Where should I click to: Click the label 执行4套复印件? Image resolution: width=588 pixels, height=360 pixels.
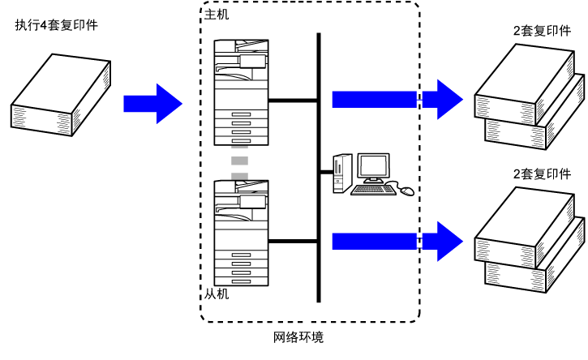pos(56,25)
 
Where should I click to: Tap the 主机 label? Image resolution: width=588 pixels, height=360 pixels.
pos(217,15)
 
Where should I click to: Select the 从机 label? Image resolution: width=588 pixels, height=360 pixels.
pos(217,294)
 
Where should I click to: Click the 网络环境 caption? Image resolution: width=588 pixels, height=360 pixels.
pos(298,337)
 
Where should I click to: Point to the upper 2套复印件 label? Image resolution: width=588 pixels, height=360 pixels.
pos(542,31)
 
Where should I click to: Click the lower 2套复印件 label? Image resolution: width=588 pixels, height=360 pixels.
pos(542,174)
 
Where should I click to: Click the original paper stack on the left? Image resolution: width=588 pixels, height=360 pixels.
pos(61,95)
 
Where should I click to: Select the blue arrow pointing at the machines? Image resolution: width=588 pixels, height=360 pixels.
pos(153,104)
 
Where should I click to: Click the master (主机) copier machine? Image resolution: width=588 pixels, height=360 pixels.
pos(241,92)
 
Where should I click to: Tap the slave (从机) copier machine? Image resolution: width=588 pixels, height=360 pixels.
pos(241,233)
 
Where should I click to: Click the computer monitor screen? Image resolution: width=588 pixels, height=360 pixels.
pos(373,165)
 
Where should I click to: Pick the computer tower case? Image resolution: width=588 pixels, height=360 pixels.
pos(343,173)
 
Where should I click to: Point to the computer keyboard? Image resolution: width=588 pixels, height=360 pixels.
pos(373,190)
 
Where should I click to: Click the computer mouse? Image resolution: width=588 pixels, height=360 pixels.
pos(408,191)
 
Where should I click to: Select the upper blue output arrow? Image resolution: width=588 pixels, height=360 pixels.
pos(397,100)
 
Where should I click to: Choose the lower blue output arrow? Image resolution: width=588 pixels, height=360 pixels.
pos(397,242)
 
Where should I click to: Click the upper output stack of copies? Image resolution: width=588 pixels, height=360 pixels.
pos(529,96)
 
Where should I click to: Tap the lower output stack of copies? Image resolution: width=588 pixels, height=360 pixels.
pos(529,240)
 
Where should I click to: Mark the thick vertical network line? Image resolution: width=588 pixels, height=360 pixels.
pos(319,168)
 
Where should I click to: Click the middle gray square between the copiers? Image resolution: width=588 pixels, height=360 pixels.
pos(239,161)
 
